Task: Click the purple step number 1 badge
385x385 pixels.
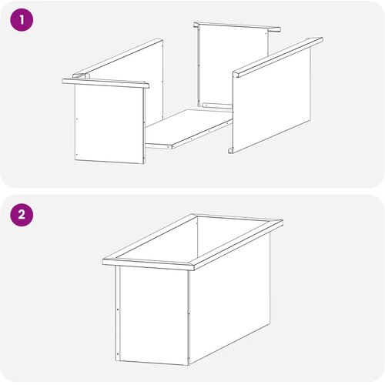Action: [x=22, y=20]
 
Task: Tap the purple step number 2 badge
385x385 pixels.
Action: [x=22, y=214]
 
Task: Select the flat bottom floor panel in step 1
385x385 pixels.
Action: [x=189, y=129]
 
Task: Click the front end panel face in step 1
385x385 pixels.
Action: [x=109, y=123]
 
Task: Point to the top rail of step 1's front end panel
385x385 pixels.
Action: [x=105, y=83]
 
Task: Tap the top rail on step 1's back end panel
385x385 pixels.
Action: [x=237, y=27]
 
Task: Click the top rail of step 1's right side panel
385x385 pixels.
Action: [x=278, y=56]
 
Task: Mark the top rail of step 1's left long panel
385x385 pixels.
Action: [x=118, y=58]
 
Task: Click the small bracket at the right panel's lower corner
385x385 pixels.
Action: [x=231, y=150]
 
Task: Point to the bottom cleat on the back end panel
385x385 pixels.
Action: [x=217, y=105]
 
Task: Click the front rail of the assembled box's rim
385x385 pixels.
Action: [x=149, y=264]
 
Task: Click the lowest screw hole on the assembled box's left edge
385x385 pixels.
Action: [x=118, y=354]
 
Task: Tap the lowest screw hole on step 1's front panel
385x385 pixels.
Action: [x=77, y=155]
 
